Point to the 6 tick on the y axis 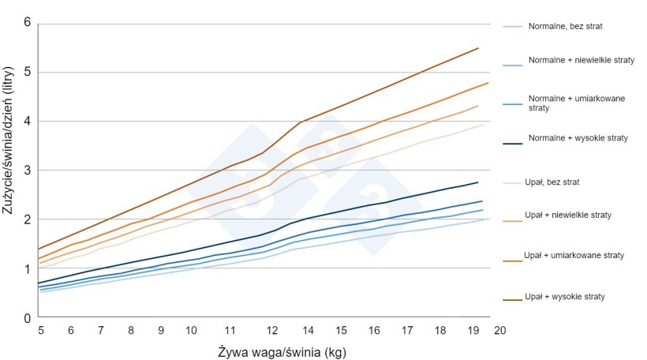tap(27, 22)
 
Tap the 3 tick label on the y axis tap(27, 170)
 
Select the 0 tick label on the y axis tap(27, 317)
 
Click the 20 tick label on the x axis tap(499, 330)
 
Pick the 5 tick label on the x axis tap(40, 330)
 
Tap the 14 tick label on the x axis tap(308, 330)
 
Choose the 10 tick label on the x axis tap(190, 330)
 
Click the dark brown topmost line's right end tap(478, 48)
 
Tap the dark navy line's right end tap(478, 182)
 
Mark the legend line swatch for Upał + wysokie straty tap(512, 297)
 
